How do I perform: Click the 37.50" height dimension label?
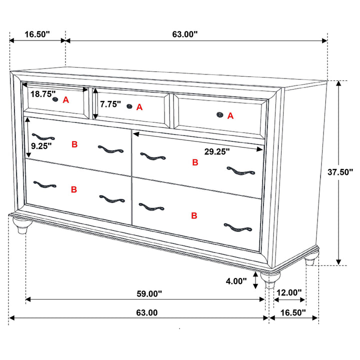click(x=340, y=172)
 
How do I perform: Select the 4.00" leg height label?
click(x=236, y=281)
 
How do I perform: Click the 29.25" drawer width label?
click(x=216, y=150)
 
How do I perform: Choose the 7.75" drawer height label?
click(x=110, y=104)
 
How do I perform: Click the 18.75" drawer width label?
click(x=43, y=94)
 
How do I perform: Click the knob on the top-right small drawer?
click(x=219, y=115)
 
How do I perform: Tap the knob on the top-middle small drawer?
click(x=129, y=106)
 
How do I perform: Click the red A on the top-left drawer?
click(x=65, y=99)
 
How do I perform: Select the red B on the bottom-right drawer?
click(x=194, y=216)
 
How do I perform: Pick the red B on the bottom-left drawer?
click(x=74, y=189)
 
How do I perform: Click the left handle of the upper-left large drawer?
click(x=43, y=137)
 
